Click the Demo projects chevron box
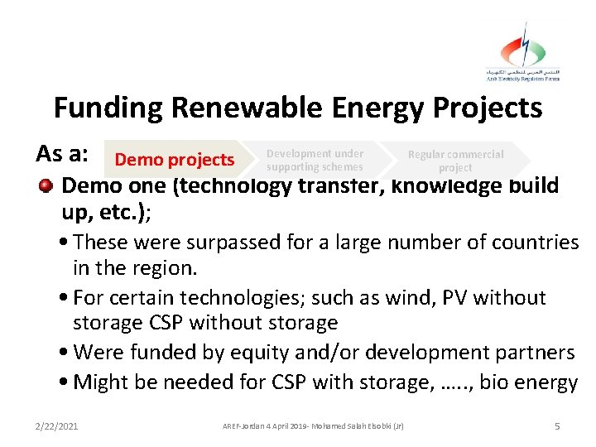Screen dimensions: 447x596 point(175,160)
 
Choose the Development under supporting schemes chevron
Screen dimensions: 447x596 point(315,160)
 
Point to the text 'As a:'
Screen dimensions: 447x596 point(62,154)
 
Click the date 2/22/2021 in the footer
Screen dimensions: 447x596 point(58,425)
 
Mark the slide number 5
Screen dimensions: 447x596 point(557,425)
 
